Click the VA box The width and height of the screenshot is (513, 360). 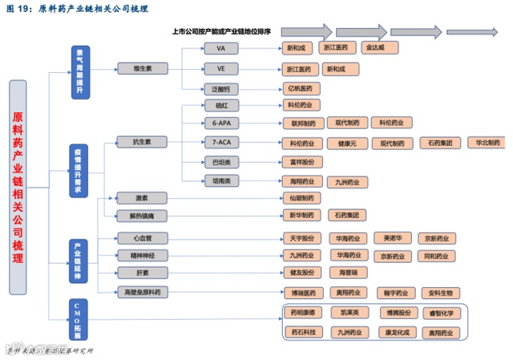(x=221, y=48)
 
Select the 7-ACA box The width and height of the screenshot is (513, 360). (x=221, y=142)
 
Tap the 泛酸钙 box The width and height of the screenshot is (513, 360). (x=221, y=88)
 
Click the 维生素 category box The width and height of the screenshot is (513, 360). (x=143, y=69)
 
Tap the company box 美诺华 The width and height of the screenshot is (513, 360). (x=393, y=238)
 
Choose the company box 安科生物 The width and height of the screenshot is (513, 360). (x=440, y=293)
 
